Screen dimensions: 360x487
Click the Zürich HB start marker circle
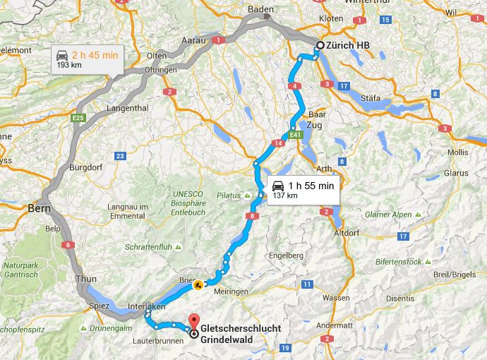pos(319,45)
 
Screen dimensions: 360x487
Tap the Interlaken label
pos(147,306)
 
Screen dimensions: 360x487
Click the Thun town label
pos(87,279)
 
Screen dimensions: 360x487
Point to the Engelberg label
pos(286,255)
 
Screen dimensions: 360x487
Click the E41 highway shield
pos(296,134)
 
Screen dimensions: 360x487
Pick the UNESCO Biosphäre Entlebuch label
pos(186,201)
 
